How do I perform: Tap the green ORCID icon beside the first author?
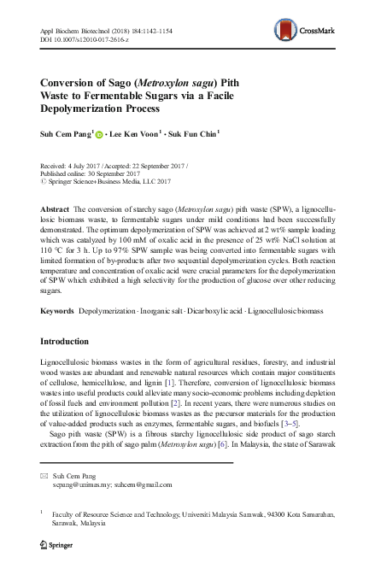coord(99,133)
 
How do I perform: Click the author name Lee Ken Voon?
coord(138,133)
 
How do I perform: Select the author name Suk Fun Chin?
coord(199,133)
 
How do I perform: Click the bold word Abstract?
coord(57,209)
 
